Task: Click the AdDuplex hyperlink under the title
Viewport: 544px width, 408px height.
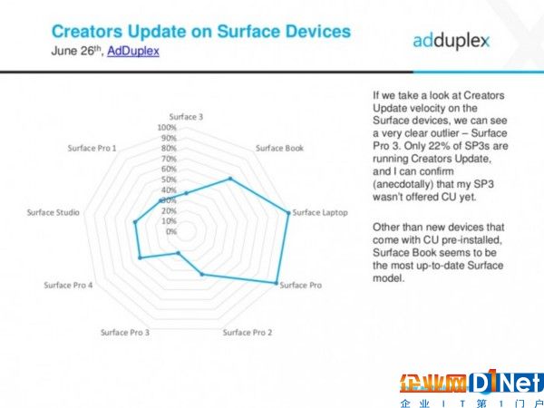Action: pos(133,51)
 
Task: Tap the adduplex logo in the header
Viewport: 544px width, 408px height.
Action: pos(451,41)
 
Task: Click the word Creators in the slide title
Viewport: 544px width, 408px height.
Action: pos(87,31)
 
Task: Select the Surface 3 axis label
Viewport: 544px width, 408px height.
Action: pos(186,117)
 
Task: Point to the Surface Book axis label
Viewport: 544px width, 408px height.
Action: pos(279,148)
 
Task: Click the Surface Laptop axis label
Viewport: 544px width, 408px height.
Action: pos(320,212)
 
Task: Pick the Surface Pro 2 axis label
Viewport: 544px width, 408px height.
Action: pos(248,333)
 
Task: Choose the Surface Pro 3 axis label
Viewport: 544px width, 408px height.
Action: pos(125,333)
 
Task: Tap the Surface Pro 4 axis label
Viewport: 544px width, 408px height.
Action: pos(68,286)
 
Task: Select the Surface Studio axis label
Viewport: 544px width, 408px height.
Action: pos(53,212)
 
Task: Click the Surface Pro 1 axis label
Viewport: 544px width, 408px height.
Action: pos(92,148)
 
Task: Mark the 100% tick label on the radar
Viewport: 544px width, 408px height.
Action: pos(167,128)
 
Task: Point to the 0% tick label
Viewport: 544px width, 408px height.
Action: pos(171,231)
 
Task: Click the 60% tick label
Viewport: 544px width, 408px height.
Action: pos(169,170)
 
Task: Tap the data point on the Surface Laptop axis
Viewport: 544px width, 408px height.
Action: pos(288,213)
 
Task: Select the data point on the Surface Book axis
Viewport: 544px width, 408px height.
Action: pos(230,179)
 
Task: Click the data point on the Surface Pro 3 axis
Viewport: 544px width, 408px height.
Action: pos(179,253)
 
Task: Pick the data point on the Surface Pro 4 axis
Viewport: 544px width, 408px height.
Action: pos(141,257)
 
